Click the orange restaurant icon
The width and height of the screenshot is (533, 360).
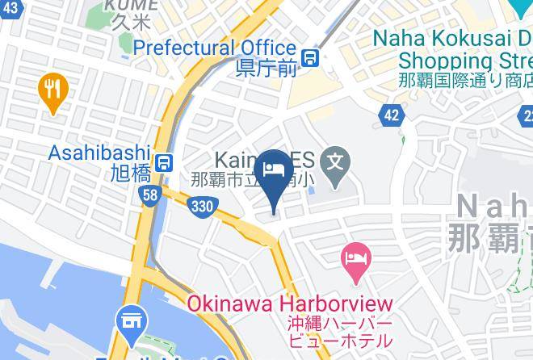point(53,92)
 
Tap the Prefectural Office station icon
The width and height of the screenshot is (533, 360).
point(309,57)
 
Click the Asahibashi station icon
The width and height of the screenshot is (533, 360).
point(164,162)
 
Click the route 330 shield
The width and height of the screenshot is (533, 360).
point(202,207)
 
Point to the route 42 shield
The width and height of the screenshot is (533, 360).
point(392,115)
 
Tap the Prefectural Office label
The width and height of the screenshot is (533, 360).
point(214,48)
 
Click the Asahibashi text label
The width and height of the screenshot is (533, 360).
point(100,153)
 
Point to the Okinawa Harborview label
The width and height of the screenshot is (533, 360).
point(290,305)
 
